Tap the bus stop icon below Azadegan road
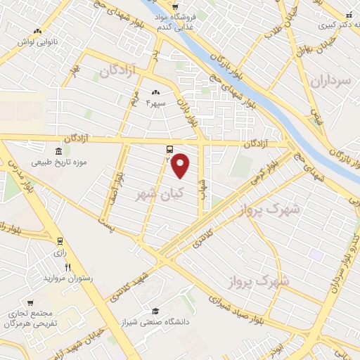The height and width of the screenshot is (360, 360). click(x=169, y=149)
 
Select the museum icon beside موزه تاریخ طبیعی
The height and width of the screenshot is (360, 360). click(x=57, y=151)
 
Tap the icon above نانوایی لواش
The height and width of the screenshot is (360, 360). click(x=37, y=31)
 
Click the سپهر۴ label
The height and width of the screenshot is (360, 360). click(x=155, y=103)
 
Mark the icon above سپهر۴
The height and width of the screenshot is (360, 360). click(x=155, y=92)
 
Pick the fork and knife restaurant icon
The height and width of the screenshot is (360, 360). click(x=68, y=267)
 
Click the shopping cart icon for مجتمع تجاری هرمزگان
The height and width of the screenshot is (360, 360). click(x=15, y=299)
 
